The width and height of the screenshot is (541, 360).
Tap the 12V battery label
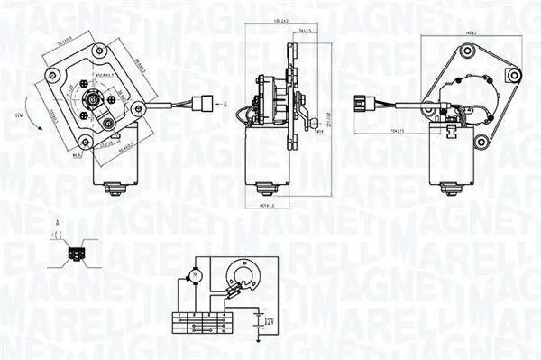coord(263,319)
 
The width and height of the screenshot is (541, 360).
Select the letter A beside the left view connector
coord(223,104)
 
